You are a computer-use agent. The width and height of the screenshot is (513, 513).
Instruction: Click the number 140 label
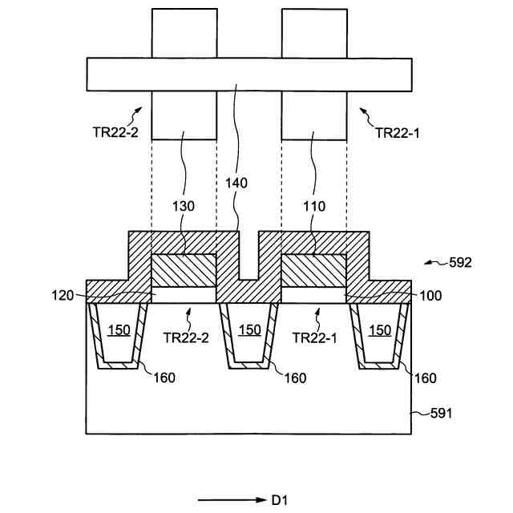pyautogui.click(x=236, y=183)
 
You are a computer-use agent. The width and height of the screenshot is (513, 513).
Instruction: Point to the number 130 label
pyautogui.click(x=184, y=205)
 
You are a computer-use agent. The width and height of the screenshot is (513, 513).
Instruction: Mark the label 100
pyautogui.click(x=430, y=296)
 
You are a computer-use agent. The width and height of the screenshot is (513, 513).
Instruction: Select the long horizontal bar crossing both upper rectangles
pyautogui.click(x=248, y=74)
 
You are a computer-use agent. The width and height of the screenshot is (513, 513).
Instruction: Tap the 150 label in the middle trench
pyautogui.click(x=249, y=330)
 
